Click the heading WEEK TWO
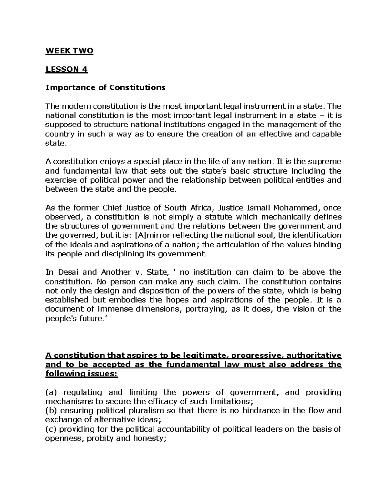tap(69, 51)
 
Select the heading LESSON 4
tap(66, 69)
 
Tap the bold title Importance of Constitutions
tap(105, 88)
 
